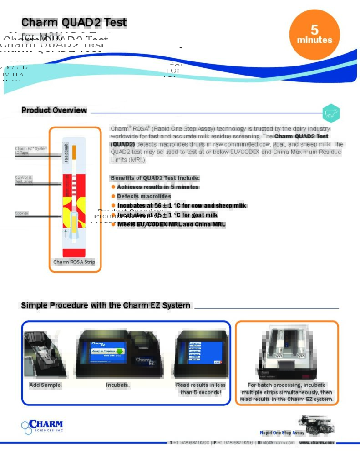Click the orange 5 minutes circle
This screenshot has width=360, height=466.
(x=314, y=35)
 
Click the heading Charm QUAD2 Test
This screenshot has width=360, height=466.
(x=74, y=22)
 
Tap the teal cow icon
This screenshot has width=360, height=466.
(x=331, y=114)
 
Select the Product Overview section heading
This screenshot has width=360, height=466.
(x=54, y=110)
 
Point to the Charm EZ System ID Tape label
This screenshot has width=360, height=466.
(x=31, y=150)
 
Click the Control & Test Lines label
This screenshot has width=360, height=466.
(x=24, y=179)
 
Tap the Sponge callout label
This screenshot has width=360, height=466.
(x=22, y=213)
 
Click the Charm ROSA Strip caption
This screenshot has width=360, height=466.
(x=74, y=262)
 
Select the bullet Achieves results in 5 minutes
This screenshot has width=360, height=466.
(x=157, y=187)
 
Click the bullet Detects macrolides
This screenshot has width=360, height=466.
(x=144, y=196)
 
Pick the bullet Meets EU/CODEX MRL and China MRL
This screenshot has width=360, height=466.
(x=171, y=224)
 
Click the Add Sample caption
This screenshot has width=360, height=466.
(x=46, y=385)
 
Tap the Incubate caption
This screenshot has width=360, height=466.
(x=118, y=385)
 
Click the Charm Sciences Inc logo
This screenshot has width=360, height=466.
(x=42, y=426)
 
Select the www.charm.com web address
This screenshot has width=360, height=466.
(x=317, y=442)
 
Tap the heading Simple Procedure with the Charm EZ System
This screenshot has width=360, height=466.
(x=106, y=305)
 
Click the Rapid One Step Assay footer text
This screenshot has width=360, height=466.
(x=282, y=433)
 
